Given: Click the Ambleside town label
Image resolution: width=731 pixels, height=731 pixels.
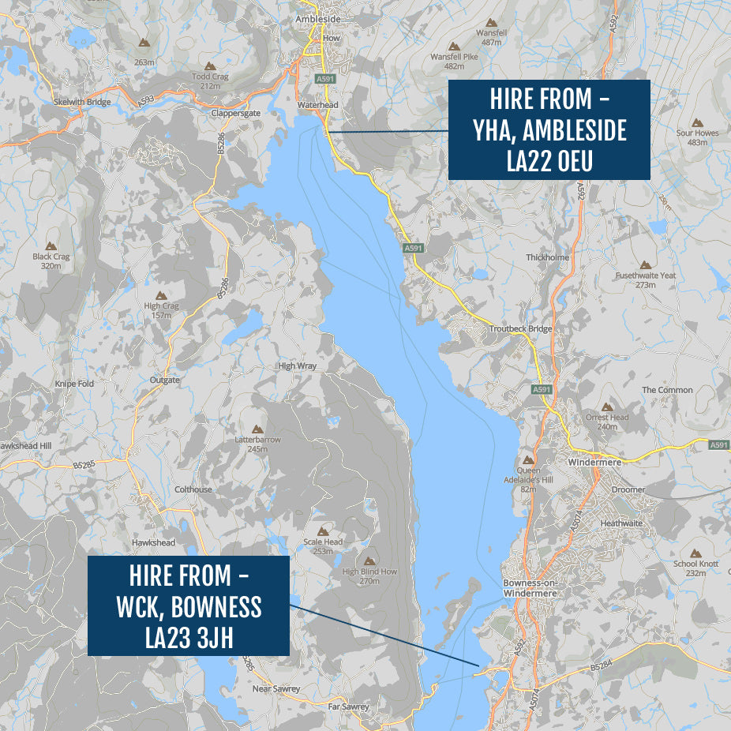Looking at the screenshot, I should [317, 19].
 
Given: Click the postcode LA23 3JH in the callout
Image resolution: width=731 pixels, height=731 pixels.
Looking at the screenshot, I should [189, 636].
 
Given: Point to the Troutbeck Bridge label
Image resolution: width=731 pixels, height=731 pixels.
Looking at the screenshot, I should [520, 328].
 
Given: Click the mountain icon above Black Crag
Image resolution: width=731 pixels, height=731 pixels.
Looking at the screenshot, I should [51, 246].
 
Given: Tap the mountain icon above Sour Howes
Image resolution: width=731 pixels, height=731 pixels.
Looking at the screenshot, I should [697, 123].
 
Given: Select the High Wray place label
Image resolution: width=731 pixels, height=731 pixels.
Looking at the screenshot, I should [297, 366].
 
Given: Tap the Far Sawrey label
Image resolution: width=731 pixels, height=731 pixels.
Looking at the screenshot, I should [348, 707].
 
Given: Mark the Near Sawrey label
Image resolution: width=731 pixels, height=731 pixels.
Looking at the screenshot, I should [276, 689].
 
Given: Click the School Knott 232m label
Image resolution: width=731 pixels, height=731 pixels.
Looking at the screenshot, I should [695, 568].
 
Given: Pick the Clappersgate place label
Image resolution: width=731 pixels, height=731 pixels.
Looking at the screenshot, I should [208, 113].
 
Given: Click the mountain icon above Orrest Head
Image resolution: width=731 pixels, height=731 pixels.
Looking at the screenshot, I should [607, 407].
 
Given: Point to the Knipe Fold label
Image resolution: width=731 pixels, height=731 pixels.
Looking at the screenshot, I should [74, 384].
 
